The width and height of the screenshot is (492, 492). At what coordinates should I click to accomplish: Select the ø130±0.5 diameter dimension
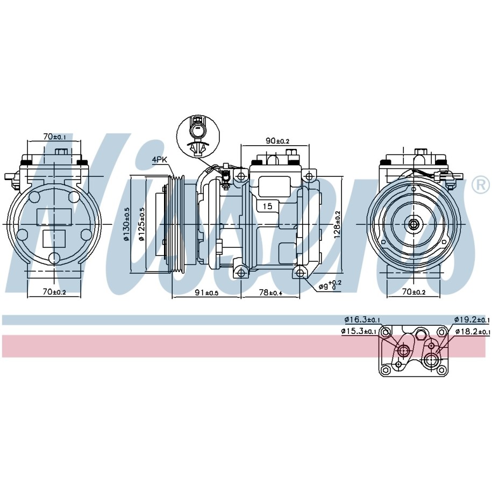tap(127, 224)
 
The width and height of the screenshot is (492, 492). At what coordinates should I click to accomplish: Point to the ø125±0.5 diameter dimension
tap(141, 224)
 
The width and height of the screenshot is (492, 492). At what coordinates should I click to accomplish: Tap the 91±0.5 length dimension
tap(206, 293)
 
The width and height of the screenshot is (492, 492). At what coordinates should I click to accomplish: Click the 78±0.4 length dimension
tap(270, 293)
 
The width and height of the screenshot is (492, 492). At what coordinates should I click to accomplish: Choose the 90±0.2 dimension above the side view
tap(277, 141)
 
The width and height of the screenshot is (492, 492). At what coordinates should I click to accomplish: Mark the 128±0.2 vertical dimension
tap(337, 224)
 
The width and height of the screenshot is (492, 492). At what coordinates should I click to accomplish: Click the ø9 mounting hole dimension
tap(330, 285)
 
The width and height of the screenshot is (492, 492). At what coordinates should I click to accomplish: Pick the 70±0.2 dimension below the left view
tap(54, 292)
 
